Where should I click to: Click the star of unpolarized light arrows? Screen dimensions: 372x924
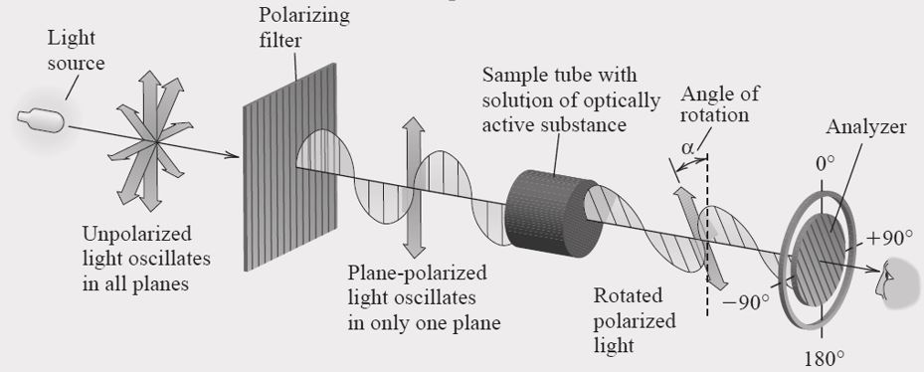click(148, 139)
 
